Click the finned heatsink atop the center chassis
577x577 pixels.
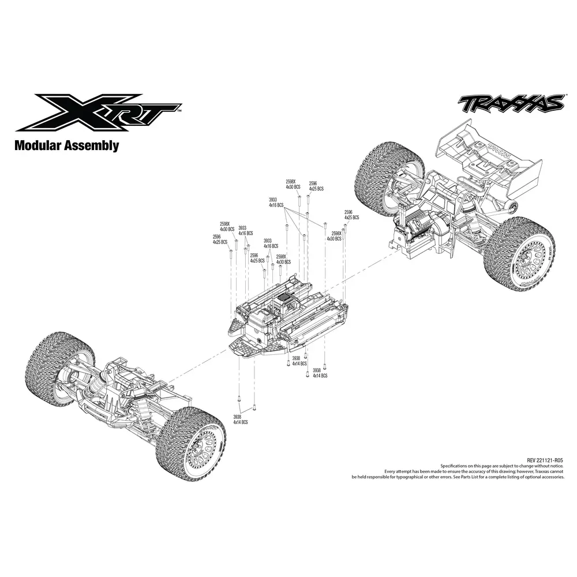click(284, 301)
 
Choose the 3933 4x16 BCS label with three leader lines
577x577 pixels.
click(276, 203)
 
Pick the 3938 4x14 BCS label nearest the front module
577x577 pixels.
click(241, 419)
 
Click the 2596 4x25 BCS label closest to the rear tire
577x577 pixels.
click(351, 215)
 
